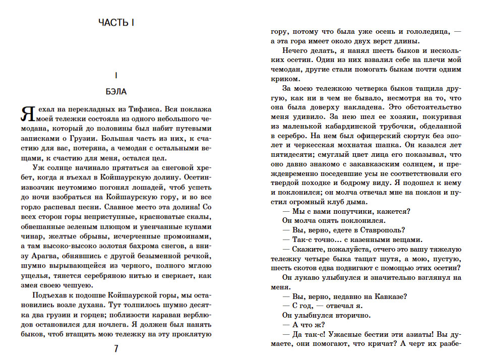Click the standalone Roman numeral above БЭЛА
pyautogui.click(x=116, y=76)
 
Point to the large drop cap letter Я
pyautogui.click(x=27, y=114)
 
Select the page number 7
pyautogui.click(x=116, y=349)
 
